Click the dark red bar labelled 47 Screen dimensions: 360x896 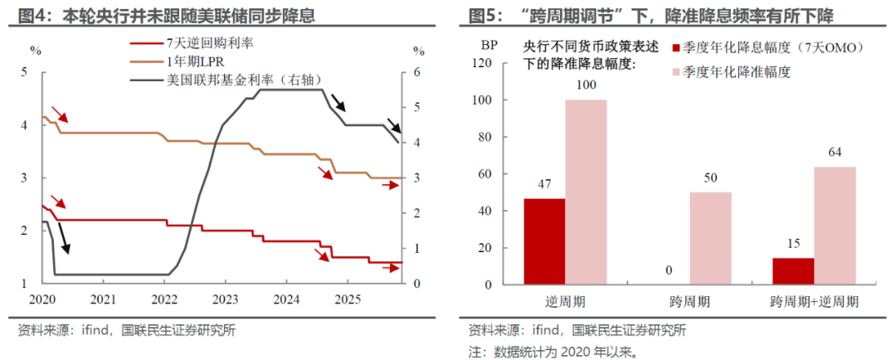(x=544, y=241)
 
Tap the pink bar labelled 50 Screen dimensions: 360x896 (x=711, y=238)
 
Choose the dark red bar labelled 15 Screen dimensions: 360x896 (x=794, y=271)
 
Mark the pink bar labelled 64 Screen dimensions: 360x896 (x=835, y=226)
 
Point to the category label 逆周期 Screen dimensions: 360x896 (x=565, y=300)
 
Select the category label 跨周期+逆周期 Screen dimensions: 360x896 (x=815, y=300)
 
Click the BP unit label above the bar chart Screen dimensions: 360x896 (x=489, y=46)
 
